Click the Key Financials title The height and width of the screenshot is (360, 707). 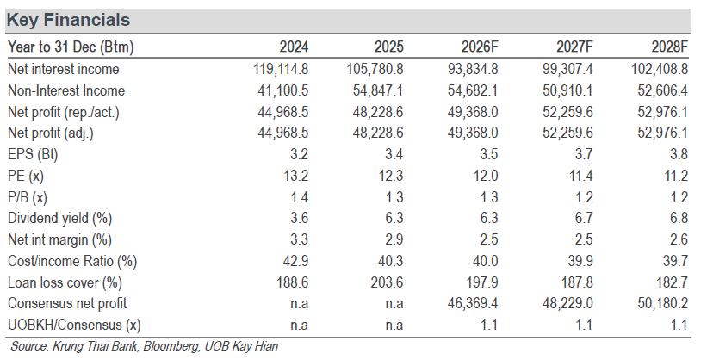coord(69,21)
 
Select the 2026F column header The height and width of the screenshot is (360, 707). coord(480,47)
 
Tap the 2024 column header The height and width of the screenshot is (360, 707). coord(294,47)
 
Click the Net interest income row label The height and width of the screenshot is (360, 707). coord(64,69)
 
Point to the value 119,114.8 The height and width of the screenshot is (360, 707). coord(281,69)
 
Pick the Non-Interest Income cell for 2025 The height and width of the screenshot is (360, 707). coord(378,90)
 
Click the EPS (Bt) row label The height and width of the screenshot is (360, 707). coord(33,154)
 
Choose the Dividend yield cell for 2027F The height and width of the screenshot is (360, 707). coord(584,219)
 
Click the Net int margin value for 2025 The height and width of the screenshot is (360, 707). coord(394,239)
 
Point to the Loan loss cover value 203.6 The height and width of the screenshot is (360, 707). coord(387,282)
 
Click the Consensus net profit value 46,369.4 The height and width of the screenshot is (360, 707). coord(473,303)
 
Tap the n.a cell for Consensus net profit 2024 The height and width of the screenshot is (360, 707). coord(300,304)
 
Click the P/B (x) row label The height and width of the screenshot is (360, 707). coord(28,197)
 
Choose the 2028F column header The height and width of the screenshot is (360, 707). coord(670,47)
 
